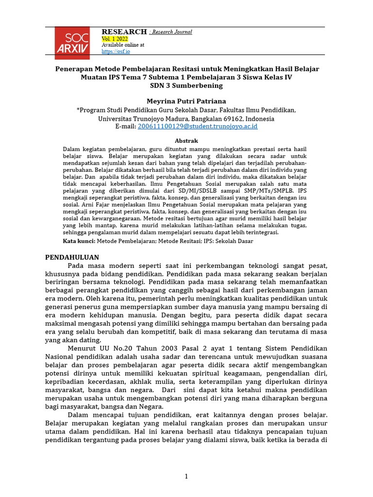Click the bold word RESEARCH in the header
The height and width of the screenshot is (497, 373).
[124, 32]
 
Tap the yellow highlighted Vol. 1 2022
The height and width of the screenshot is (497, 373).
[116, 38]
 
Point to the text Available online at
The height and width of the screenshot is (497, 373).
[123, 45]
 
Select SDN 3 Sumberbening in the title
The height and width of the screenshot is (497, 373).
[186, 85]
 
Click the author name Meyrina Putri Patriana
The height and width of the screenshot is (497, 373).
[186, 101]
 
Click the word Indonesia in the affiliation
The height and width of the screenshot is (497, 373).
[260, 118]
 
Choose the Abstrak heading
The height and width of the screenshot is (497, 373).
[186, 140]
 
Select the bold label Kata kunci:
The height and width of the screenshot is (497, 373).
[80, 241]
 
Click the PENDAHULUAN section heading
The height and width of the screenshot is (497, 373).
[72, 257]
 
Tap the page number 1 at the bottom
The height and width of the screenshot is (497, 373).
[186, 477]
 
